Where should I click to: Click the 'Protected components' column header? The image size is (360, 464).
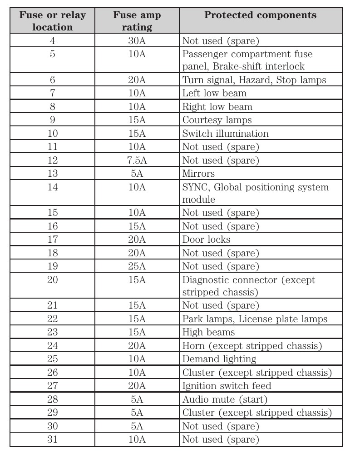[x=260, y=15]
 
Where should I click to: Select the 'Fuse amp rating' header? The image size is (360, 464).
[x=137, y=21]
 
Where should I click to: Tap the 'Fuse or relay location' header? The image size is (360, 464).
[x=52, y=21]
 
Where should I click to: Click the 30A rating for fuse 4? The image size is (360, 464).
[x=137, y=41]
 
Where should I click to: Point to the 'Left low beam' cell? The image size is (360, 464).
[x=214, y=94]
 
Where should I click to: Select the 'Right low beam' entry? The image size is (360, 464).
[x=217, y=107]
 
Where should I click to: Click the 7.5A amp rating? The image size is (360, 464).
[x=137, y=160]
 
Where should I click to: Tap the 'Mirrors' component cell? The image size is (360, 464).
[x=198, y=174]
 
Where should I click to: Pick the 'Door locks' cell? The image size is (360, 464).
[x=206, y=239]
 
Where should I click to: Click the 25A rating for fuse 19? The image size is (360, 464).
[x=137, y=266]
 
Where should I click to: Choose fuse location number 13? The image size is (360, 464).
[x=53, y=174]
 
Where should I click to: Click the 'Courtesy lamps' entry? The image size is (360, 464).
[x=217, y=120]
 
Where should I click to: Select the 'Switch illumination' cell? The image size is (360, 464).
[x=225, y=134]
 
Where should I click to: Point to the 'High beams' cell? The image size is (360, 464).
[x=208, y=332]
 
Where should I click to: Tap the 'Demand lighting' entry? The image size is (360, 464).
[x=219, y=359]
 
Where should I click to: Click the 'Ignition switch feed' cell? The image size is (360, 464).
[x=227, y=386]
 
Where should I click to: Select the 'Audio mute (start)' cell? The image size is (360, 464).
[x=225, y=399]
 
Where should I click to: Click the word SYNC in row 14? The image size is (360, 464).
[x=196, y=187]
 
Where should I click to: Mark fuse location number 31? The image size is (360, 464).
[x=53, y=439]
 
